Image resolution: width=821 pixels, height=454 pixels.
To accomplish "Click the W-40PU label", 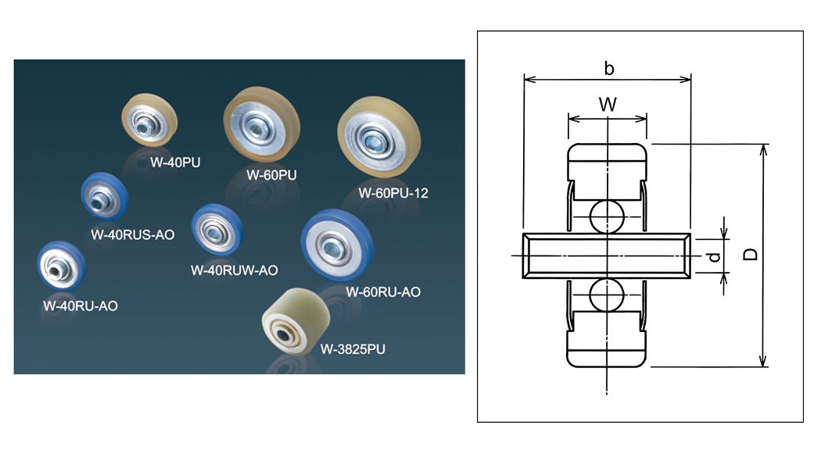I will pos(175,163).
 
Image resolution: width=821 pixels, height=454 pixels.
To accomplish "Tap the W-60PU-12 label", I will pos(394,192).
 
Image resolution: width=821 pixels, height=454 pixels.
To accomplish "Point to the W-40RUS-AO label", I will pos(132,234).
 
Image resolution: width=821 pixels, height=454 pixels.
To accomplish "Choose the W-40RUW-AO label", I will pos(235,270).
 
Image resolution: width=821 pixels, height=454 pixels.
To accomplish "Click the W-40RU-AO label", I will pos(81,306).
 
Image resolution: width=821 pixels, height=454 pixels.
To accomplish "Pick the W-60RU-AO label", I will pos(383,292).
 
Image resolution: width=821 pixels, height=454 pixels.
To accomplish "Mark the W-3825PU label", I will pos(353,348).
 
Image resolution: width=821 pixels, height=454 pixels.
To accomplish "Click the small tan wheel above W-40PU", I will pos(150,120).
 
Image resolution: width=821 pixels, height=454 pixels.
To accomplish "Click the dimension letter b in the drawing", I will pos(609,69).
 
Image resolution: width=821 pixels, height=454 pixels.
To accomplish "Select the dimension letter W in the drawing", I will pos(608,104).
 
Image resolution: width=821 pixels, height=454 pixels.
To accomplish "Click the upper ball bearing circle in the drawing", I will pos(607,216).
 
